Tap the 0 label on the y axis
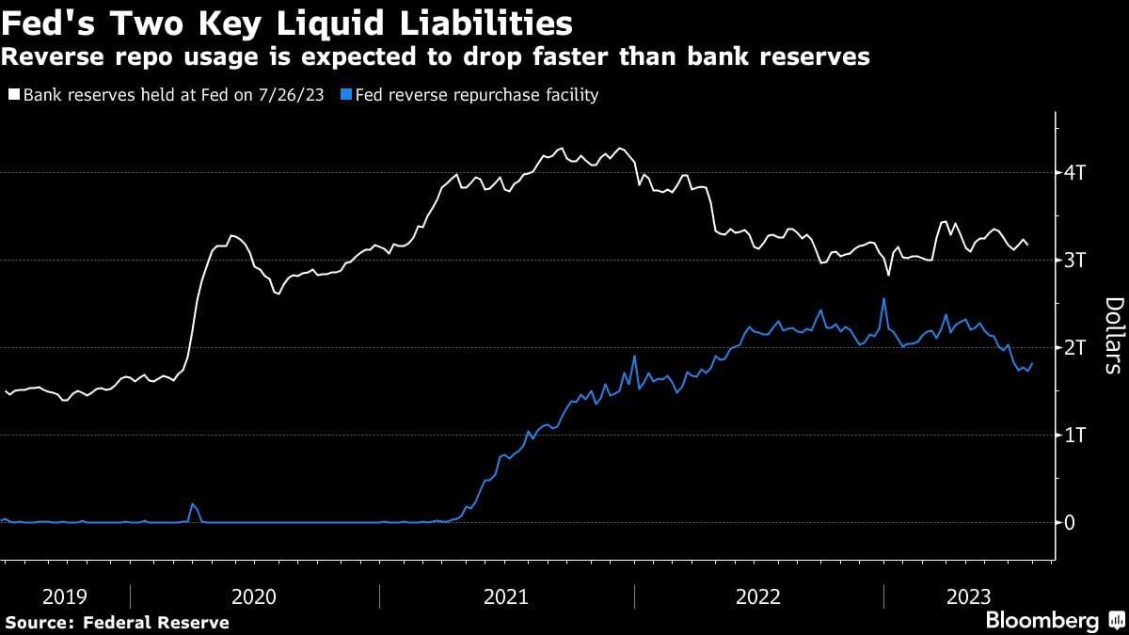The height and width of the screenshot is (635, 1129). coord(1070,523)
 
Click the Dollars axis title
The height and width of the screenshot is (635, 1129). coord(1113,335)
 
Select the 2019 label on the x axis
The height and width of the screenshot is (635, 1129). coord(64,596)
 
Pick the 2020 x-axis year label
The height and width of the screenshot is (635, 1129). coord(254,596)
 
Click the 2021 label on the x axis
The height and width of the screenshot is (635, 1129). coord(506,596)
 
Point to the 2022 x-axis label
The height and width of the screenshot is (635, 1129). coord(758,596)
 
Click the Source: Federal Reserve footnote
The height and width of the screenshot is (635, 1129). coord(117,623)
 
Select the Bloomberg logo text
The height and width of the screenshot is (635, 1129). coord(1042,621)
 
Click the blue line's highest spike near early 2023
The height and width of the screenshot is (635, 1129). coord(883,299)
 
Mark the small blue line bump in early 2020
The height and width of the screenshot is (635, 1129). coord(193,504)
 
